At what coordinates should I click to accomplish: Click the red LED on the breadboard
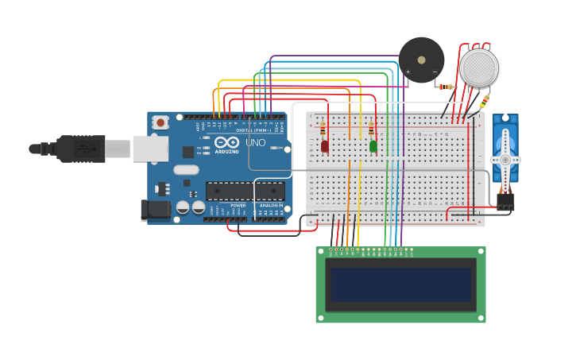click(x=324, y=146)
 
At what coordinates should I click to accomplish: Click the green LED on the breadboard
click(x=373, y=146)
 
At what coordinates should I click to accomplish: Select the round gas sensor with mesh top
click(x=479, y=68)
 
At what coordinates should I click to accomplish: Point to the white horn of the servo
click(x=504, y=160)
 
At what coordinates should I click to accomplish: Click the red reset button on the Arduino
click(x=160, y=122)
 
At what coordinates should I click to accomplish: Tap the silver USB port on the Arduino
click(x=149, y=149)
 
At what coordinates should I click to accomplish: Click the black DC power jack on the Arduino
click(x=156, y=210)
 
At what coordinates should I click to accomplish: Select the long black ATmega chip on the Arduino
click(x=245, y=191)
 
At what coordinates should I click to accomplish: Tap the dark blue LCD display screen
click(x=400, y=285)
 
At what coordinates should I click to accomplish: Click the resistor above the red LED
click(x=323, y=129)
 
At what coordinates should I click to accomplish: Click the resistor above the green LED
click(x=371, y=130)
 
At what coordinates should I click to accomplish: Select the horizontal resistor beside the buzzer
click(x=446, y=87)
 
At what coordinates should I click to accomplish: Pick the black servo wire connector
click(x=504, y=201)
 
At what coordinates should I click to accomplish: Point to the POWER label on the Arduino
click(x=238, y=206)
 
